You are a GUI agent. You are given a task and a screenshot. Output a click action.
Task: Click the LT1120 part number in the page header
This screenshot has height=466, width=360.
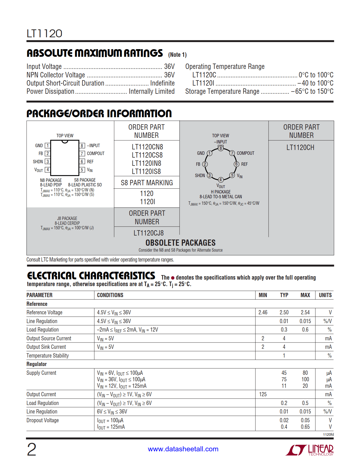(44, 34)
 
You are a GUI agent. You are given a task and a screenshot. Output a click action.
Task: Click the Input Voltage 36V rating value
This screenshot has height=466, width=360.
(169, 67)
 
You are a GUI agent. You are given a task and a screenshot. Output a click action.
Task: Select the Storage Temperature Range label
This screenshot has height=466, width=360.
(222, 92)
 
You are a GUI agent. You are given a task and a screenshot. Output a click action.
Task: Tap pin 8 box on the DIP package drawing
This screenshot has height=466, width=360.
(82, 146)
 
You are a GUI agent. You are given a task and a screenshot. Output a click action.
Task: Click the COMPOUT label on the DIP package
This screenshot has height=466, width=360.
(95, 154)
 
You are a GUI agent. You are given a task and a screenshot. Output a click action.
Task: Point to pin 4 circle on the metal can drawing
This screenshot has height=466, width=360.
(221, 180)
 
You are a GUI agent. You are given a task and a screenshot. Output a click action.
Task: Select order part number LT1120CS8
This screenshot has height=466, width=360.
(147, 155)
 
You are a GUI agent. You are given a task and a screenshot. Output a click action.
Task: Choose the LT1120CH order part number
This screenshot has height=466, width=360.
(300, 148)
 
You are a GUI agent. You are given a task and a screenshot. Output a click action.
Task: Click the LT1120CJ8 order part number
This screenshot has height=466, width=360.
(149, 233)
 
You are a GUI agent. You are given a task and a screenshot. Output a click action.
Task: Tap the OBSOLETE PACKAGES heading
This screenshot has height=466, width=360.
(180, 243)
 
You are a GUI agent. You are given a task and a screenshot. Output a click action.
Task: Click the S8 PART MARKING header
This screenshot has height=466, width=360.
(147, 183)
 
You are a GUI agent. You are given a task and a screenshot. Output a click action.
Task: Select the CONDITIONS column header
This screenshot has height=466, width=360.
(110, 295)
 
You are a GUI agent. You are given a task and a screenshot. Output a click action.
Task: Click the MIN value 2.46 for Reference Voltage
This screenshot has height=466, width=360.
(263, 313)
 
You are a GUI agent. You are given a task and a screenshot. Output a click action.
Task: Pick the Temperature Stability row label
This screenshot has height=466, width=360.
(48, 356)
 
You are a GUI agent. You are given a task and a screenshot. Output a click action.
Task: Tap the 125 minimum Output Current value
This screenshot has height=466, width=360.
(263, 395)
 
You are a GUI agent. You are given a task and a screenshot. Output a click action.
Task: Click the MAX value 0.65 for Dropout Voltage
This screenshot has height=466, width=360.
(305, 427)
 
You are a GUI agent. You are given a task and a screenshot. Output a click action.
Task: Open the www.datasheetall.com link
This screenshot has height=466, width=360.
(183, 449)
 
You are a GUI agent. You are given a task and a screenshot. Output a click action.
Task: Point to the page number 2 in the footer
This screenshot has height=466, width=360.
(32, 450)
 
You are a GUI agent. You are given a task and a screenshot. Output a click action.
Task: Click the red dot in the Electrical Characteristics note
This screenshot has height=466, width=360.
(173, 278)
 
